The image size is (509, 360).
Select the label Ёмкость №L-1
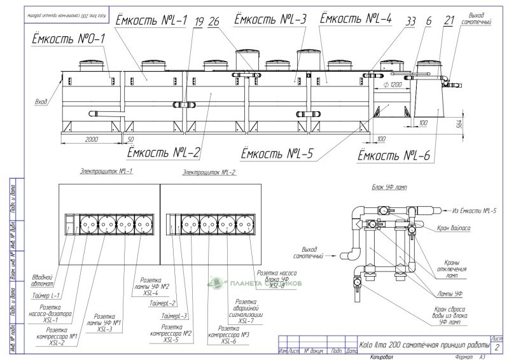click(151, 21)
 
